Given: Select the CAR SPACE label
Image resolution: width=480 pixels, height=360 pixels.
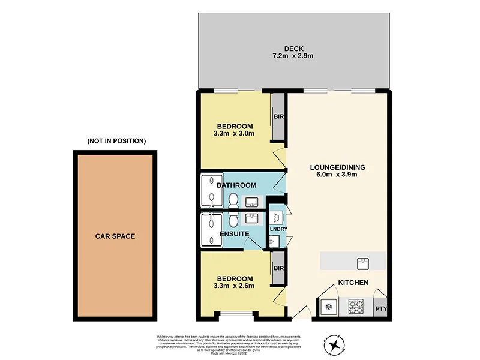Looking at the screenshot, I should [115, 236].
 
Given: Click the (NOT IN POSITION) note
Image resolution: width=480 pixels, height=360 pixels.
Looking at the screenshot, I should [116, 141].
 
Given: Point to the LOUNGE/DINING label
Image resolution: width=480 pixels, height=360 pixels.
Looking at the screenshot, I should [338, 167].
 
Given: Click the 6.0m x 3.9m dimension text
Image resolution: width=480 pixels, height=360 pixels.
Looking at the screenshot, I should [338, 176].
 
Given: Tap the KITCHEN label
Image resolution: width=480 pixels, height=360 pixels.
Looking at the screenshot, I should [353, 283].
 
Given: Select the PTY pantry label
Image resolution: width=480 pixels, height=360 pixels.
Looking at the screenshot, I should [381, 309].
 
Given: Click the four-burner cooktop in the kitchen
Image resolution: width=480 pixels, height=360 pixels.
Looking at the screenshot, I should [355, 307].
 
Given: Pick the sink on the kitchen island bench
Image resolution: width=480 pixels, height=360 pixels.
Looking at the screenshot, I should [362, 262].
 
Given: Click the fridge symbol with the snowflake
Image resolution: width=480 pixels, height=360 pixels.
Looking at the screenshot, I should [328, 307].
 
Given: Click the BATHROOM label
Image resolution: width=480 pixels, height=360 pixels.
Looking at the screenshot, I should [238, 185].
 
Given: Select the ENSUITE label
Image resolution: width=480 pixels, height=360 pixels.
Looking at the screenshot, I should [234, 234].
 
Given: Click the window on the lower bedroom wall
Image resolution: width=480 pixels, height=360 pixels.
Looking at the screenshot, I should [235, 314].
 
